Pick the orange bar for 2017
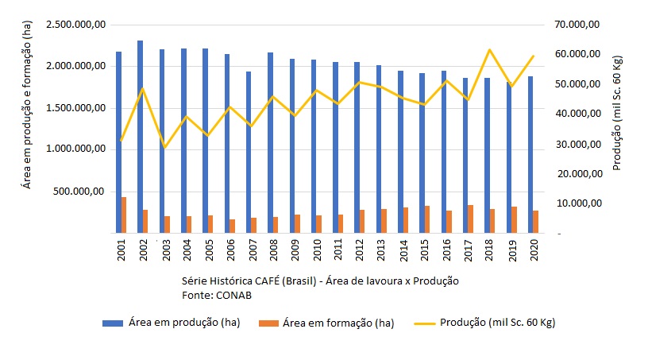[471, 219]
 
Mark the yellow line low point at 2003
[165, 147]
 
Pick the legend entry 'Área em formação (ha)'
[337, 323]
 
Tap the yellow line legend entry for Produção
[488, 323]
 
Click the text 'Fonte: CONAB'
[212, 295]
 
